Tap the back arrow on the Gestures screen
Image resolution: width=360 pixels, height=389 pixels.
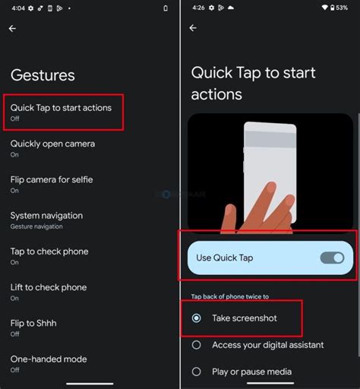tap(12, 28)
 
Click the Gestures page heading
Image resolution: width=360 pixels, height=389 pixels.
tap(43, 75)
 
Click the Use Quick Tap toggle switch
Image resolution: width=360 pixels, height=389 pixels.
tap(332, 258)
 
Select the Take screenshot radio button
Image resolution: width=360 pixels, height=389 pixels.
tap(197, 318)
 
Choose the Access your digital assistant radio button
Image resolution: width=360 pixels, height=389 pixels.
tap(197, 345)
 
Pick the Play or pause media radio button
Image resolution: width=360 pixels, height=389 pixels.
tap(197, 372)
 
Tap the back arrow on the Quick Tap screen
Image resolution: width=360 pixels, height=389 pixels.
tap(193, 28)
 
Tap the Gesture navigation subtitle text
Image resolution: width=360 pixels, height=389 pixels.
tap(36, 226)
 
